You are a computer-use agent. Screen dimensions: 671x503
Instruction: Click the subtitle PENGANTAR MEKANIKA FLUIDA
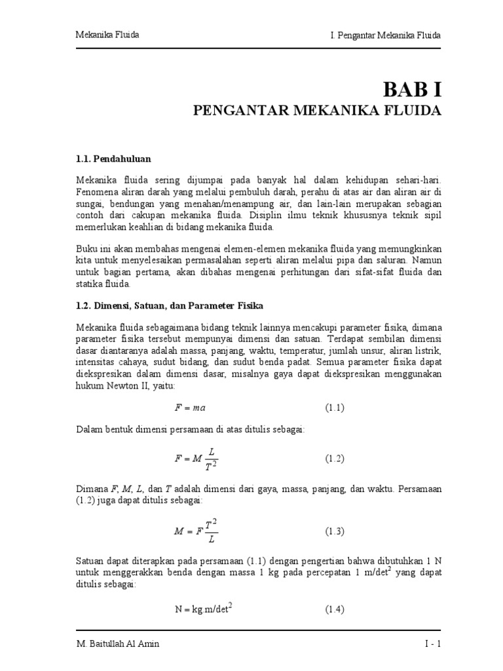click(317, 110)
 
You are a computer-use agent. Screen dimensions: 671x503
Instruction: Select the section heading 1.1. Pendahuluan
click(115, 158)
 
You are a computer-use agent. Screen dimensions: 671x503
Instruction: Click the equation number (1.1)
click(335, 407)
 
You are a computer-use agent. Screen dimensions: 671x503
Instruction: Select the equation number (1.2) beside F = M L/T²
click(335, 458)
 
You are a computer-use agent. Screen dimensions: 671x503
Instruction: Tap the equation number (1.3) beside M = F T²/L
click(335, 531)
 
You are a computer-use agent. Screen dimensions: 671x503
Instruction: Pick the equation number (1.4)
click(335, 609)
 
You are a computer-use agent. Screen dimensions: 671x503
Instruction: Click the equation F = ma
click(190, 407)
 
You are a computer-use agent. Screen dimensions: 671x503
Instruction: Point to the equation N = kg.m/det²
click(204, 608)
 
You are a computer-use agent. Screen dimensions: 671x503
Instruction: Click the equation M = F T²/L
click(195, 531)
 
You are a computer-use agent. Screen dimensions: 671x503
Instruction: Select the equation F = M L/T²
click(195, 458)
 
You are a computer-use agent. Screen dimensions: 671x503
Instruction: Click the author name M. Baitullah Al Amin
click(117, 643)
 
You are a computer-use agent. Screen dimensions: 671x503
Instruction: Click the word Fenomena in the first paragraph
click(96, 192)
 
